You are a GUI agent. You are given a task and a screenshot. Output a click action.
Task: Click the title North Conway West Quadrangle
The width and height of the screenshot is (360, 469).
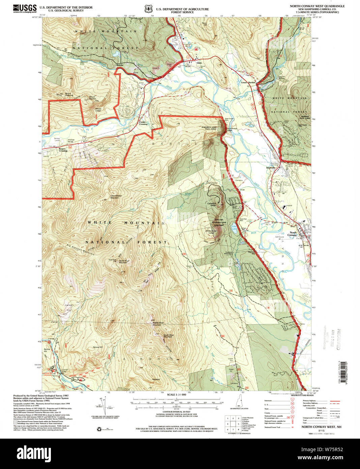[x=312, y=6]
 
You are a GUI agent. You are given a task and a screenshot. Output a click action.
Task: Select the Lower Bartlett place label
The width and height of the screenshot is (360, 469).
[x=248, y=82]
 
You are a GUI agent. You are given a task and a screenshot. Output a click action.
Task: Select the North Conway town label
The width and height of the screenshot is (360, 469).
[x=293, y=234]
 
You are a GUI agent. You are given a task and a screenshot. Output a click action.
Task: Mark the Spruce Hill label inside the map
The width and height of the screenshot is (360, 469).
[x=97, y=347]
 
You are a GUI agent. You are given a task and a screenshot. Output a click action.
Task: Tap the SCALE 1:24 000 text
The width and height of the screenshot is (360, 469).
[x=177, y=394]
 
